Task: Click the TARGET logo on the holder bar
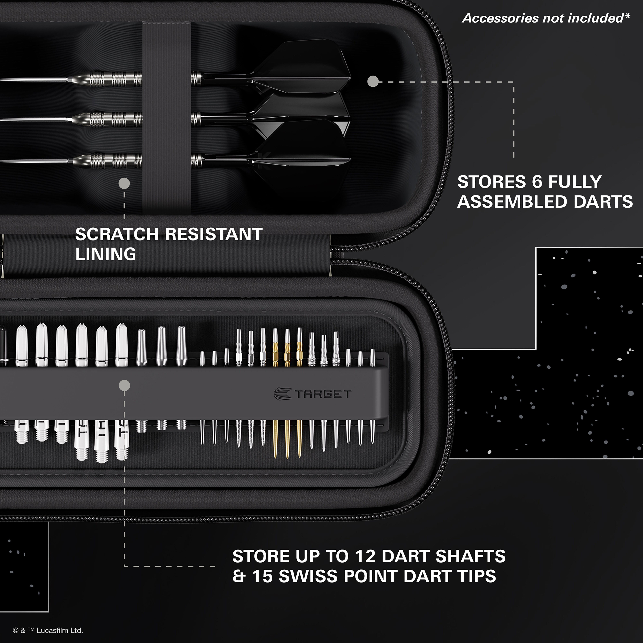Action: (x=313, y=394)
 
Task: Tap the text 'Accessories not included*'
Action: (x=546, y=18)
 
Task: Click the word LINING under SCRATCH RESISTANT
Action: (x=106, y=254)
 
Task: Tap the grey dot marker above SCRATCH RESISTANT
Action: (x=124, y=183)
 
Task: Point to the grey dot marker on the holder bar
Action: (x=124, y=385)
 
